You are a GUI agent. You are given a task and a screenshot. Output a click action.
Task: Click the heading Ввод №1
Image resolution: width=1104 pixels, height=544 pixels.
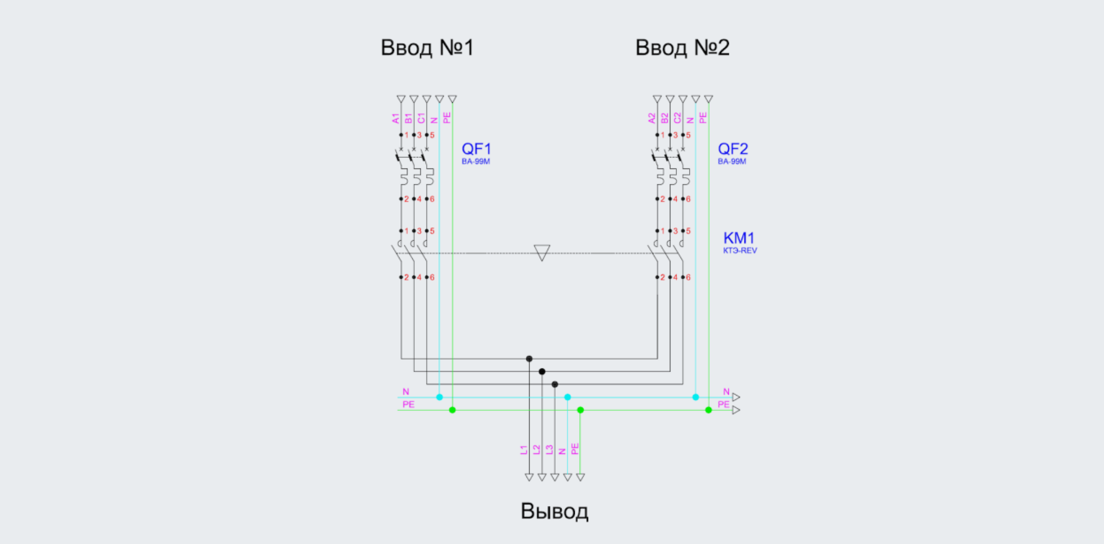(x=427, y=48)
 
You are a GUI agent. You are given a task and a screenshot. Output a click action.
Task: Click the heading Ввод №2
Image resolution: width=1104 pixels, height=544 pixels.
(x=682, y=48)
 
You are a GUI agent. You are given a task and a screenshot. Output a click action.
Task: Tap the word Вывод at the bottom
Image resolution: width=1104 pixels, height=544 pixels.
(x=555, y=511)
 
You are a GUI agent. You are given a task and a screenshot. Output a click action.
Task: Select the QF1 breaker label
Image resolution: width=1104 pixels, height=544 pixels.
(x=476, y=149)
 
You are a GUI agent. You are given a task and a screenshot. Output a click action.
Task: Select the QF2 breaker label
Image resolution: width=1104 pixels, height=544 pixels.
(x=733, y=149)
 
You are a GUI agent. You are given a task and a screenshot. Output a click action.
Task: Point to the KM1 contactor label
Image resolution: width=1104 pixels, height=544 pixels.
(x=739, y=238)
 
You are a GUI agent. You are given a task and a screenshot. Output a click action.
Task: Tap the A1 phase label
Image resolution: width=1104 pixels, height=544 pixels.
(x=395, y=119)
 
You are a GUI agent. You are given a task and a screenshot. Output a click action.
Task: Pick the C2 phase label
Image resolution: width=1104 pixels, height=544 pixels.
(x=677, y=118)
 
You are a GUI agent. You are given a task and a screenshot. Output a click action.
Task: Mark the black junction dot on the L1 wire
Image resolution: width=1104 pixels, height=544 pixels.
(x=529, y=359)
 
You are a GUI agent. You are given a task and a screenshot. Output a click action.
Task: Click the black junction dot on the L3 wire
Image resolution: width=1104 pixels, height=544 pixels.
(x=555, y=384)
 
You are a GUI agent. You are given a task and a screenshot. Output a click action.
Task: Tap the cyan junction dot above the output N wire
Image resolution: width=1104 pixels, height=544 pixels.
(x=568, y=397)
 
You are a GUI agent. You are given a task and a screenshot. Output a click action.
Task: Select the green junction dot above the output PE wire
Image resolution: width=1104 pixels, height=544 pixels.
(x=580, y=410)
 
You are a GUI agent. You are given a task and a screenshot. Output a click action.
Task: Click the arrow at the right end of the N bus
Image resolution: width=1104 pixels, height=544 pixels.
(x=736, y=397)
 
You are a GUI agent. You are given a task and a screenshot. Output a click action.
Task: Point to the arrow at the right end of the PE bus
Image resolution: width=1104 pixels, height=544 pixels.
(x=736, y=410)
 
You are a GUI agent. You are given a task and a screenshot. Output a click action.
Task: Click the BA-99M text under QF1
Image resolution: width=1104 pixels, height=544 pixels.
(x=476, y=161)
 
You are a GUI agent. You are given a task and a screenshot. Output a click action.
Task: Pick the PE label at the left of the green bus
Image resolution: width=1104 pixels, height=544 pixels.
(x=408, y=404)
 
